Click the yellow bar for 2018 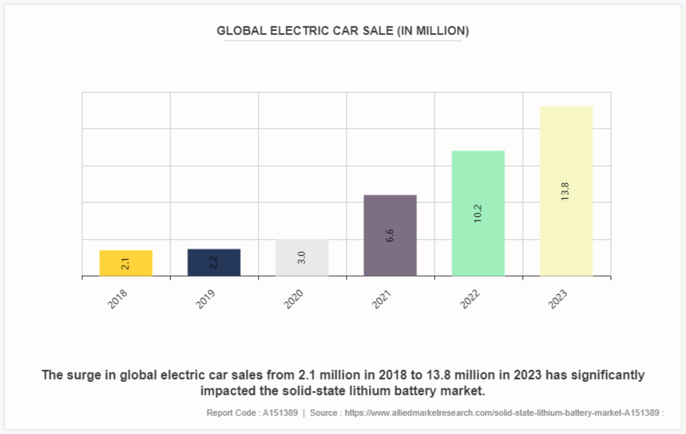click(x=126, y=263)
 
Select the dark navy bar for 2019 click(x=214, y=262)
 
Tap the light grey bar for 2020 click(x=302, y=258)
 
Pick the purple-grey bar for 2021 click(x=390, y=235)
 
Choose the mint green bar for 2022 click(x=478, y=213)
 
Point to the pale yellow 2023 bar click(x=566, y=191)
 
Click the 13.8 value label click(x=565, y=192)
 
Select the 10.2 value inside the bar click(x=478, y=213)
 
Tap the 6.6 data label click(x=390, y=235)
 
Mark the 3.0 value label click(x=302, y=258)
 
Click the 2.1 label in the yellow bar click(x=126, y=264)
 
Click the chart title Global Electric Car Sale click(x=343, y=31)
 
